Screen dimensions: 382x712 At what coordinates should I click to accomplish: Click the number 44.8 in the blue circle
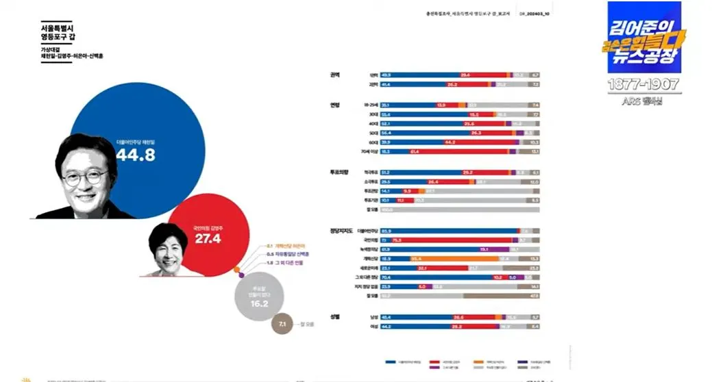click(135, 155)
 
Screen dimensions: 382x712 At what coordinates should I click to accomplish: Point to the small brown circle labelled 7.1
click(282, 324)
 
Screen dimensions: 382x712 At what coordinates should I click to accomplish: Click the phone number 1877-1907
click(643, 84)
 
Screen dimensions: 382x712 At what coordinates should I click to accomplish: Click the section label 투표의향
click(339, 172)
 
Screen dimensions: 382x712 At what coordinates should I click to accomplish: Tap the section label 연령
click(335, 104)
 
